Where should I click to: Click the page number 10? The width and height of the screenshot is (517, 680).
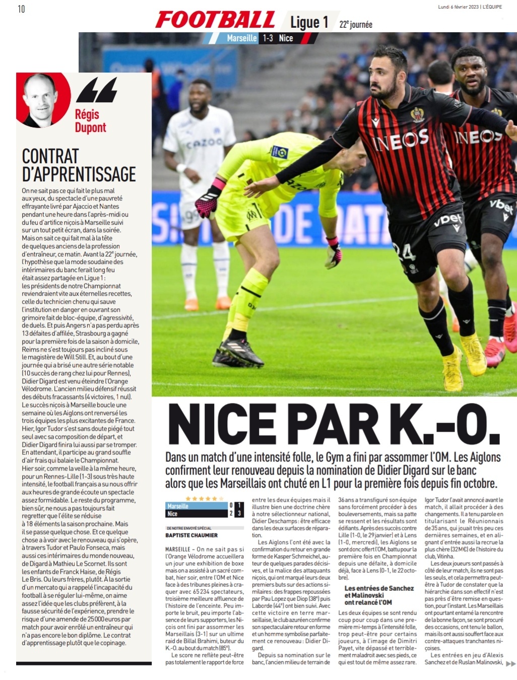point(21,9)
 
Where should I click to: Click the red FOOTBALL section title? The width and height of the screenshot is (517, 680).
point(216,20)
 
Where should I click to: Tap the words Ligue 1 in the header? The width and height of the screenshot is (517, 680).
point(309,22)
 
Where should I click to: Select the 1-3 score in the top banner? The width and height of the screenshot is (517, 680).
point(267,38)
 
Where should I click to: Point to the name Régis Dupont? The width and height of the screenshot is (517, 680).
point(90,121)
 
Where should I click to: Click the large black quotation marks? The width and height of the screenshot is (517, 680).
point(97,91)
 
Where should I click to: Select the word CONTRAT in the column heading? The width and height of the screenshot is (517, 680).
point(50,157)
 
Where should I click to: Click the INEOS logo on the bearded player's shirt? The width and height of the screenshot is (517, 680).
point(401,140)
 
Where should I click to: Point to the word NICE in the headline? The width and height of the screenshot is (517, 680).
point(226,425)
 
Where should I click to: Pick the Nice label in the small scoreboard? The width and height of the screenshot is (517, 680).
point(172,514)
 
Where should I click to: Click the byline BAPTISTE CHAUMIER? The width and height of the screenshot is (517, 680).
point(191,535)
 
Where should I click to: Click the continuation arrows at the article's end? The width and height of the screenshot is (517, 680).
point(510,664)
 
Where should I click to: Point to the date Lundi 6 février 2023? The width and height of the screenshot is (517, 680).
point(459,7)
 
